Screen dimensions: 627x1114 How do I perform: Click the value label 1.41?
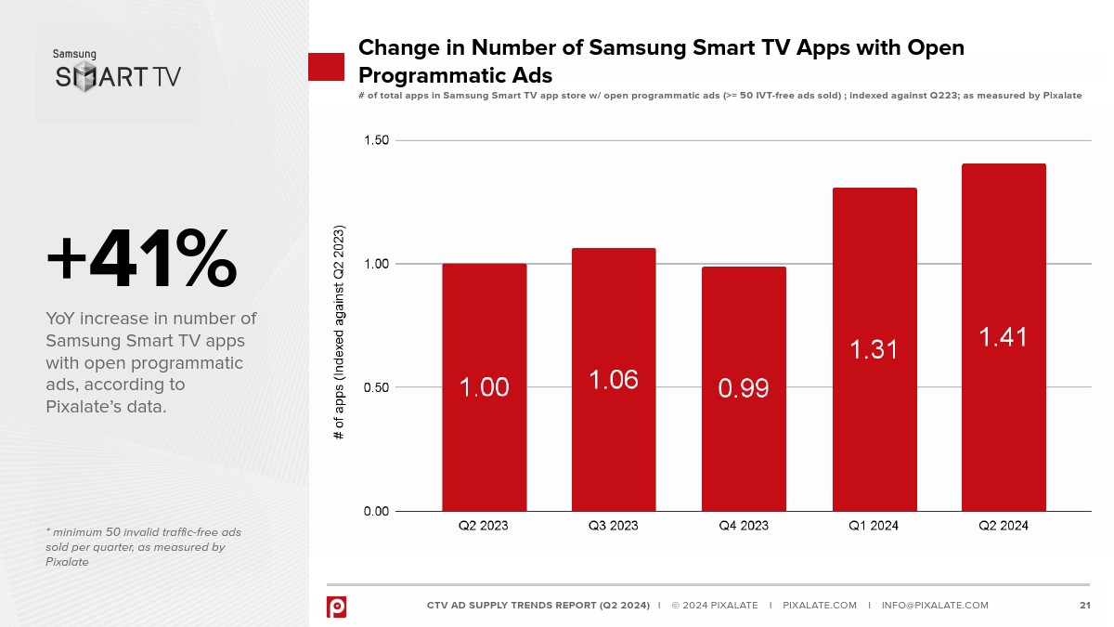pos(1004,336)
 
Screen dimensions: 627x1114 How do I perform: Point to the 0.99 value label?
pos(744,387)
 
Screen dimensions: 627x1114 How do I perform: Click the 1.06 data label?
pos(614,379)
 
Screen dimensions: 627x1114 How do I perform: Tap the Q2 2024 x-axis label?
pos(1004,526)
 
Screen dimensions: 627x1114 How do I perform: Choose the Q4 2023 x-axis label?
pos(744,526)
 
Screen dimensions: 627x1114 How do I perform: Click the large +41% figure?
pos(141,260)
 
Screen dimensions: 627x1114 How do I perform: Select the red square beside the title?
pos(326,67)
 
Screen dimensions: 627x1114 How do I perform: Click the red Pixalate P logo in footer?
pos(336,606)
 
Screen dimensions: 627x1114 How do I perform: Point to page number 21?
pos(1084,606)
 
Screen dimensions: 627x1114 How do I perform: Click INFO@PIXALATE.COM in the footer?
pos(935,606)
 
